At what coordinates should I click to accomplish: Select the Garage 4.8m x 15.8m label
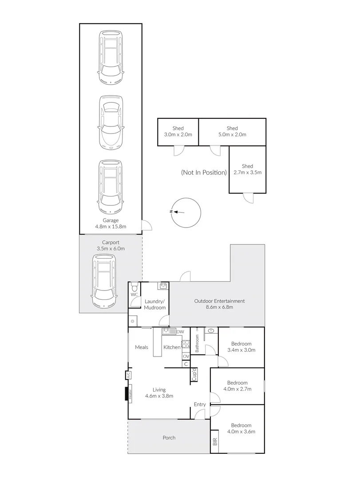(x=111, y=223)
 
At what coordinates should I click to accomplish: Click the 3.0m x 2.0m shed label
(x=178, y=132)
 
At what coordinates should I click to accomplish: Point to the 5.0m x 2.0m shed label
(x=232, y=132)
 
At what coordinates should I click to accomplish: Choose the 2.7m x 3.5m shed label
(x=247, y=169)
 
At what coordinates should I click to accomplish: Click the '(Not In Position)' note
(x=204, y=172)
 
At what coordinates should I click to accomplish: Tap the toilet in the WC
(x=135, y=288)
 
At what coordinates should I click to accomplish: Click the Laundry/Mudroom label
(x=155, y=305)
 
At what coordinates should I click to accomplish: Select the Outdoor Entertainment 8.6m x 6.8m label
(x=219, y=304)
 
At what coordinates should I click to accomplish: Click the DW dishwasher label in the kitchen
(x=180, y=332)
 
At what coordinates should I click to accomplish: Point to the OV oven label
(x=186, y=356)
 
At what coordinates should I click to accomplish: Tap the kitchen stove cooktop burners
(x=186, y=345)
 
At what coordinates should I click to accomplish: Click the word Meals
(x=142, y=347)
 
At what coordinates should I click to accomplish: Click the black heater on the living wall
(x=127, y=394)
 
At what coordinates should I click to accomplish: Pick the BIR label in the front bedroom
(x=215, y=442)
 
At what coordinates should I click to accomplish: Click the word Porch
(x=169, y=438)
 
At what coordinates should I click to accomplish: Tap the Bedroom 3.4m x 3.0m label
(x=242, y=347)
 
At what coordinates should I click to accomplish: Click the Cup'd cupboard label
(x=194, y=375)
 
